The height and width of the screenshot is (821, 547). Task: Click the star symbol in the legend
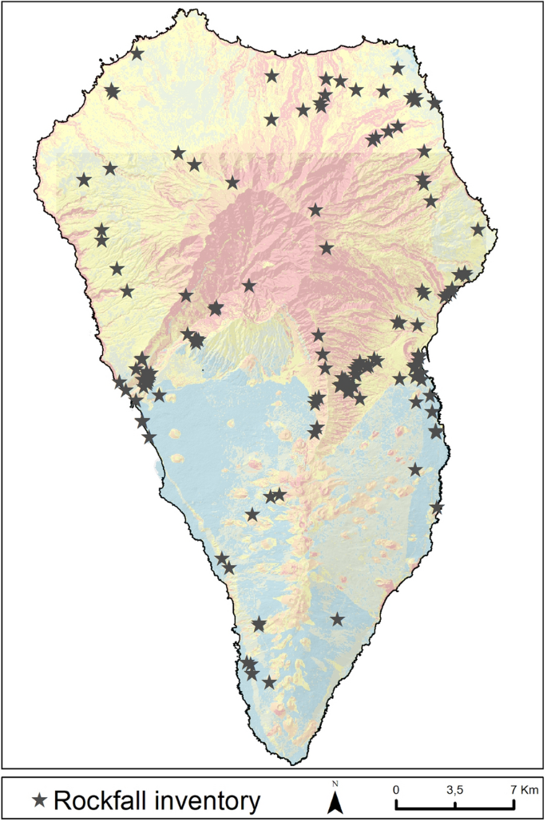coord(39,799)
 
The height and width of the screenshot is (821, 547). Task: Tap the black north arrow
coord(336,802)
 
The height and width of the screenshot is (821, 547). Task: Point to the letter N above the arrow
coord(336,784)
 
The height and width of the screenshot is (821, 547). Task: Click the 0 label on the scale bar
coord(397,789)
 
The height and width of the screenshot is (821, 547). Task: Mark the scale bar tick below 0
coord(397,803)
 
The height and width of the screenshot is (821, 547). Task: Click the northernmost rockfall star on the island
coord(137,53)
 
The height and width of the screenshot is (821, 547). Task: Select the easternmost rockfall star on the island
coord(478,229)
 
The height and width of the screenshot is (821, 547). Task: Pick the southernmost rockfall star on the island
coord(269,682)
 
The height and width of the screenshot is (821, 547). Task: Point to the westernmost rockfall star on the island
coord(84,180)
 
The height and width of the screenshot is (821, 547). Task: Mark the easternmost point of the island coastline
coord(497,232)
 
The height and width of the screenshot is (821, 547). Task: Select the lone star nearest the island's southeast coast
coord(337,618)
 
